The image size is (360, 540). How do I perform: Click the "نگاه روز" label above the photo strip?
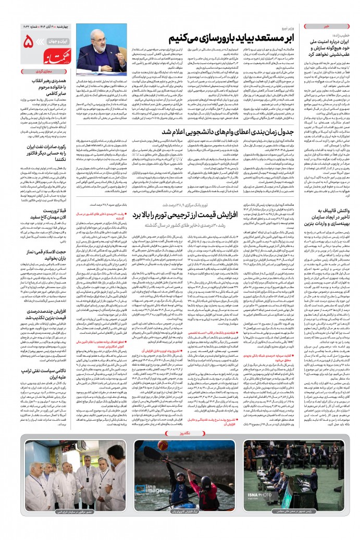pyautogui.click(x=180, y=433)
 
